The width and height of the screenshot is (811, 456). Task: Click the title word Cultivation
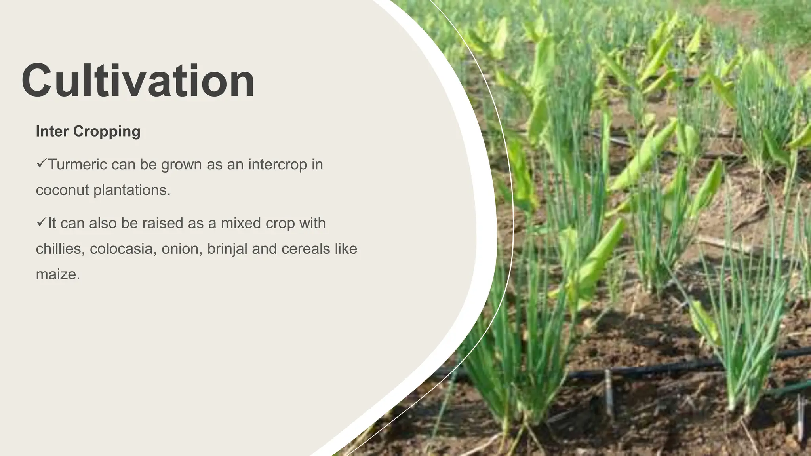tap(138, 81)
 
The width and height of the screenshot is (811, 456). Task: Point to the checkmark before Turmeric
tap(41, 163)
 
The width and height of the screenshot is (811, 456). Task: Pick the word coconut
tap(62, 190)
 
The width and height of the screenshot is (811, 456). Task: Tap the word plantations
tap(132, 190)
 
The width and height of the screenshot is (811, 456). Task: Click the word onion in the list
tap(181, 249)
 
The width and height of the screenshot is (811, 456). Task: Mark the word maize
tap(58, 274)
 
